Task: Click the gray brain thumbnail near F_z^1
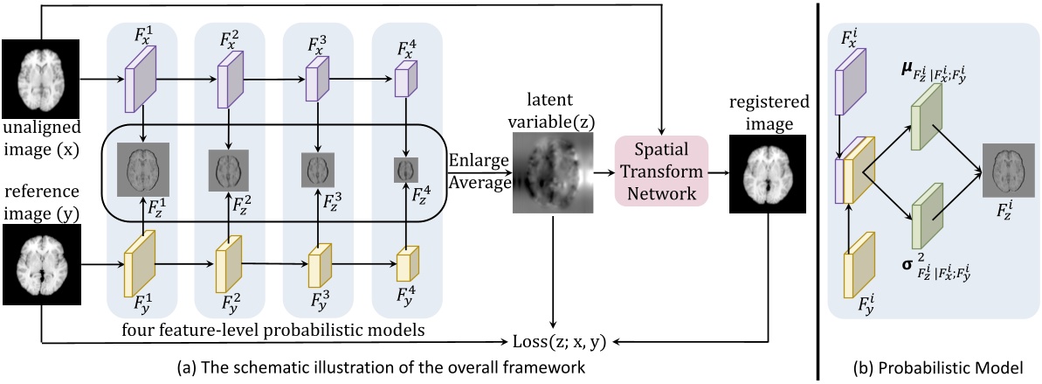[x=142, y=169]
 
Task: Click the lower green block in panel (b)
[x=924, y=219]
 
